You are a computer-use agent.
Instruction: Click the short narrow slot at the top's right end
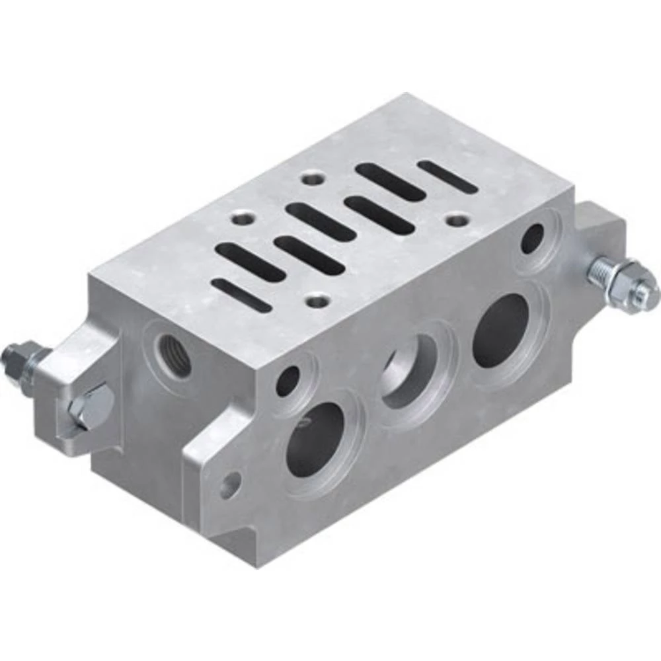[x=447, y=176]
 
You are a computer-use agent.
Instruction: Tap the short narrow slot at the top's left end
[x=241, y=295]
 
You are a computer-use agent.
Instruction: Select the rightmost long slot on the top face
[x=389, y=181]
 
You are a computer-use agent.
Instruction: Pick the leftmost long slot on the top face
[x=250, y=262]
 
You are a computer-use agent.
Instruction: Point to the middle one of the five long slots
[x=320, y=221]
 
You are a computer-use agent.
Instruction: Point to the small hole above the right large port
[x=532, y=239]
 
